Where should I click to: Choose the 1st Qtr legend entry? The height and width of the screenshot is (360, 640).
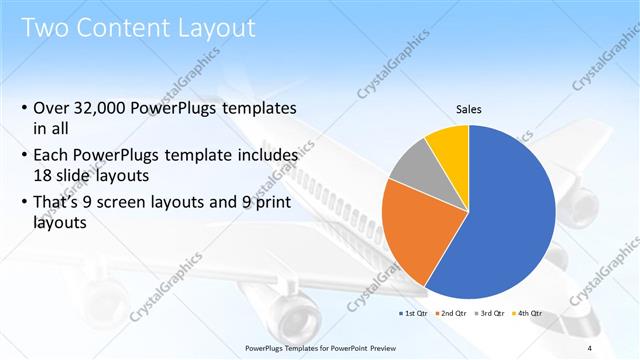click(414, 314)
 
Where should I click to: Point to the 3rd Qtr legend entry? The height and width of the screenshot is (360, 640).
click(491, 314)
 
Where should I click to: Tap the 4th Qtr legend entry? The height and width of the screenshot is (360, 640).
click(529, 314)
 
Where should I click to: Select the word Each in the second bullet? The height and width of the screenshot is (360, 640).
click(53, 156)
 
